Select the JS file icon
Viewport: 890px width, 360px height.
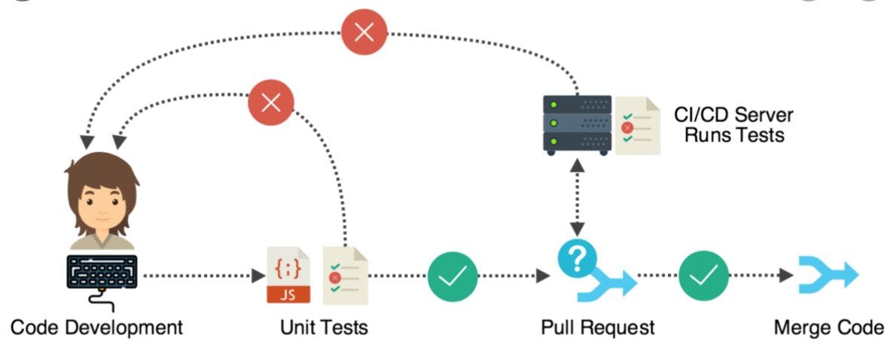288,275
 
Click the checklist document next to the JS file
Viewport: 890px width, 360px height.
345,276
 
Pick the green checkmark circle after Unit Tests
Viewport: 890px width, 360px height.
453,276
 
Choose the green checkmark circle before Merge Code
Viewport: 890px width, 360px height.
703,276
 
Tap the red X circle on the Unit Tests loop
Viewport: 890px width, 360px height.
270,103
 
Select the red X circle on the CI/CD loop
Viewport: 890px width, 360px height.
364,32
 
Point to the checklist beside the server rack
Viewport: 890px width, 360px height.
637,126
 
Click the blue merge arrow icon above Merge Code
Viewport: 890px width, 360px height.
829,276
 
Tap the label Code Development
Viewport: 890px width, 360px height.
96,328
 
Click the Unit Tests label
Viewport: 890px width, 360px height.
324,328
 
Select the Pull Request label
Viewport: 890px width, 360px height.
597,328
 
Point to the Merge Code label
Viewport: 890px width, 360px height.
828,328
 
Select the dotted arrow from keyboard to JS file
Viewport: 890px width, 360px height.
199,276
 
